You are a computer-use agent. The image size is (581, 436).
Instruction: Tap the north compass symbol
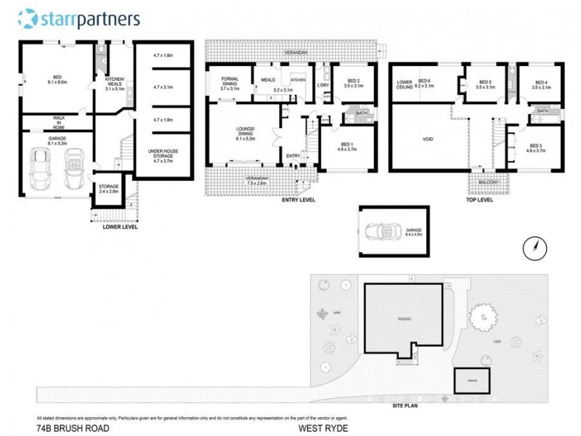534,248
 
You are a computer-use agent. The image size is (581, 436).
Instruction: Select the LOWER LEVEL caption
120,227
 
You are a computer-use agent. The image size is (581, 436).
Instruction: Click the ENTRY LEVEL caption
298,200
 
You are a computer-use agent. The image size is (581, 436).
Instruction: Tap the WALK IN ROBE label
57,121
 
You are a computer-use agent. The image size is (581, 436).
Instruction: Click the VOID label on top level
428,138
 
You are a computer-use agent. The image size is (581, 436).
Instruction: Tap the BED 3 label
536,148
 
